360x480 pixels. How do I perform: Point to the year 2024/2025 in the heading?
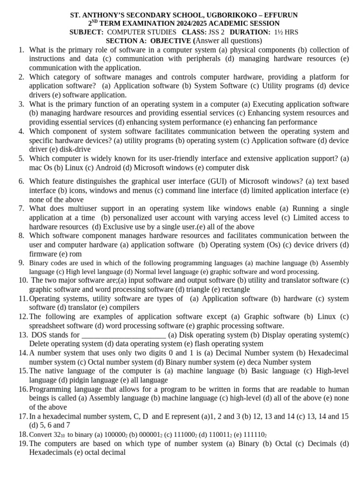click(191, 23)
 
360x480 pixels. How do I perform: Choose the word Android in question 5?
click(107, 167)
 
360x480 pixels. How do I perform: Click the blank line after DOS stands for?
click(123, 335)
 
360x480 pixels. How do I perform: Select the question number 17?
click(23, 416)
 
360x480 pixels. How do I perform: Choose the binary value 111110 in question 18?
click(252, 435)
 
